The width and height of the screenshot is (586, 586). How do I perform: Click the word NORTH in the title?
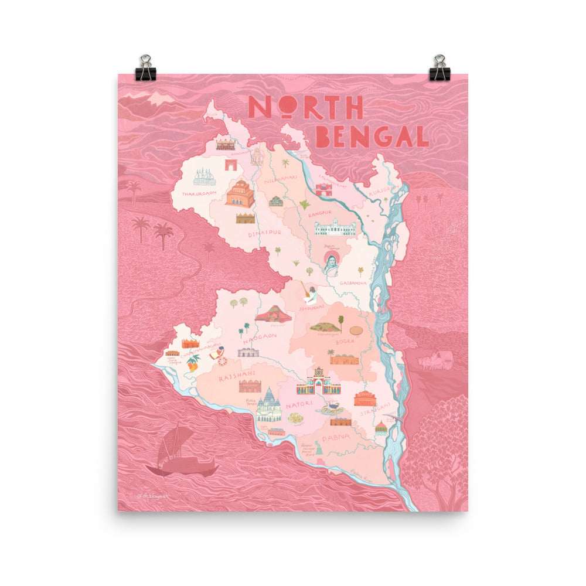click(x=305, y=107)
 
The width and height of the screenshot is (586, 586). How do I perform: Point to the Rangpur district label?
click(x=320, y=213)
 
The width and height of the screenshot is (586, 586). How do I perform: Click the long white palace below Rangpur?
click(x=335, y=227)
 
